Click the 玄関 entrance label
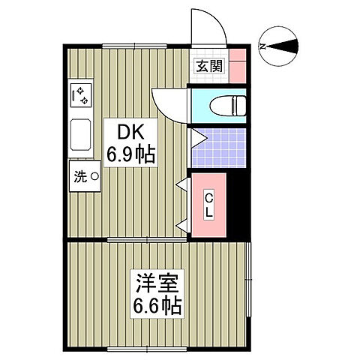point(209,66)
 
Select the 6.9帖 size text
point(131,154)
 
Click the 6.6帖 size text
point(157,307)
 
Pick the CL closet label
point(210,204)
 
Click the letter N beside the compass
point(262,46)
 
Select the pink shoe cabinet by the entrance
point(236,66)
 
